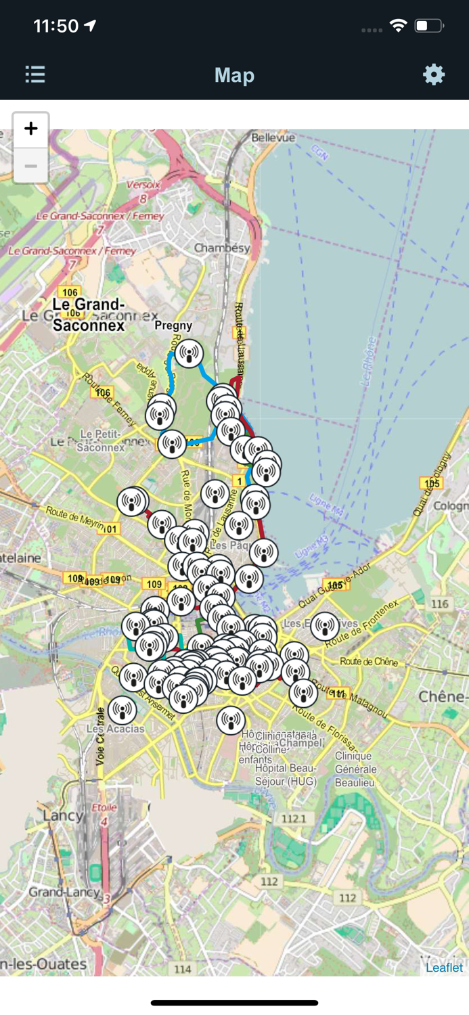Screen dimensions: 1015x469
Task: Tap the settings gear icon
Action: (x=434, y=74)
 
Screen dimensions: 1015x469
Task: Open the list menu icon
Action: (x=35, y=74)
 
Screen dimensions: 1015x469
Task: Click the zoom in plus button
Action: (x=31, y=129)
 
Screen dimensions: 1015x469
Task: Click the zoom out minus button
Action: (x=31, y=166)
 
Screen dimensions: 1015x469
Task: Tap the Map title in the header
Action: (x=234, y=75)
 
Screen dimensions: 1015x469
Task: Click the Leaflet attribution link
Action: (x=444, y=967)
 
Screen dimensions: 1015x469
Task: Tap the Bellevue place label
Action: (x=273, y=137)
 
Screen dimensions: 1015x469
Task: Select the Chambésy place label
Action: (x=222, y=248)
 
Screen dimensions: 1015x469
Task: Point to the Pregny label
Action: (x=173, y=325)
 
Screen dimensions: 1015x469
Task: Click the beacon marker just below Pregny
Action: (x=189, y=353)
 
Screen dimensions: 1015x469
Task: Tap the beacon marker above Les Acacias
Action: (x=122, y=710)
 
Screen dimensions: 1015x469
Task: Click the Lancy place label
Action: (x=62, y=815)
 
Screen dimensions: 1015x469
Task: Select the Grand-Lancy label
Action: (x=64, y=893)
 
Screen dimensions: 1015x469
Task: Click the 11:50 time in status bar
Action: (x=56, y=26)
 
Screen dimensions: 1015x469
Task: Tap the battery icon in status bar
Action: (x=429, y=26)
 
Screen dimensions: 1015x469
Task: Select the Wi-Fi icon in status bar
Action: (x=399, y=26)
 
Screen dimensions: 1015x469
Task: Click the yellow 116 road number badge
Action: (x=439, y=604)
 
